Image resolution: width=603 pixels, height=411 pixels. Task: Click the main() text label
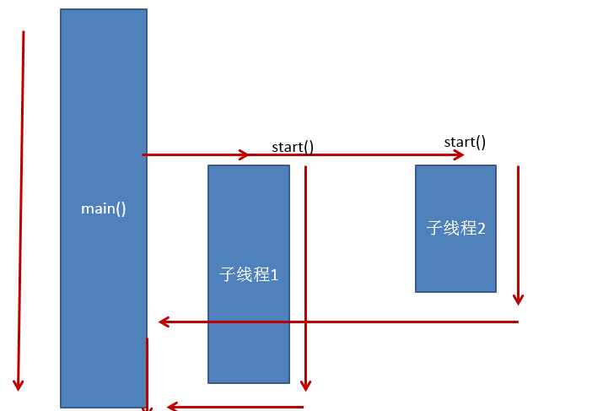click(x=104, y=209)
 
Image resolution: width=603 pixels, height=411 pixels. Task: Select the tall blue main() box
click(x=104, y=208)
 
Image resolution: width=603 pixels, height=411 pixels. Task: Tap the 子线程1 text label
click(x=249, y=274)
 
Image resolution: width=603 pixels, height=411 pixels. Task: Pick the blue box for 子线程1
click(x=249, y=274)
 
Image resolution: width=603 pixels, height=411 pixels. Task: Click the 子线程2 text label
click(x=455, y=228)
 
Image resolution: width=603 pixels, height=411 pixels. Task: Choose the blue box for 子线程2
click(x=455, y=229)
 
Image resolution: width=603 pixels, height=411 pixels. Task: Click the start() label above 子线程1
click(x=293, y=147)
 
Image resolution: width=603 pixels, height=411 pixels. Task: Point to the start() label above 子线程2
click(x=465, y=143)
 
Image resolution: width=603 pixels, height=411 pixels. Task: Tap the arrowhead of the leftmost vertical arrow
click(x=18, y=385)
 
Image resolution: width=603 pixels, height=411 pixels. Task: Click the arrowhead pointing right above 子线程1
click(x=245, y=154)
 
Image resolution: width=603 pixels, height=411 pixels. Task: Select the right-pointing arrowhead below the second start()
click(x=459, y=154)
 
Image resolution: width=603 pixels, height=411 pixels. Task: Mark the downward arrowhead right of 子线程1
click(x=306, y=386)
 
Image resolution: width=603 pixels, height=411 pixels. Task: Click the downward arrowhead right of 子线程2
click(x=518, y=300)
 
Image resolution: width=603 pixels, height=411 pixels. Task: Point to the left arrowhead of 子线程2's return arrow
click(x=164, y=322)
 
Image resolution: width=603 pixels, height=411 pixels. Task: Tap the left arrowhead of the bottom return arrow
click(x=173, y=406)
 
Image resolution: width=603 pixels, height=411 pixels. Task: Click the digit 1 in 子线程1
click(x=274, y=275)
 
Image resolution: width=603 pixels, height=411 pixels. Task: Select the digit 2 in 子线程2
click(x=481, y=229)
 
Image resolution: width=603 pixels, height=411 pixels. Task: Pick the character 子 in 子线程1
click(x=228, y=274)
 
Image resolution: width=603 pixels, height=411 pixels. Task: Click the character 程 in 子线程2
click(x=468, y=228)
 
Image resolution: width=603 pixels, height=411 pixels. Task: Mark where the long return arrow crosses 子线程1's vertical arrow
click(x=306, y=322)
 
